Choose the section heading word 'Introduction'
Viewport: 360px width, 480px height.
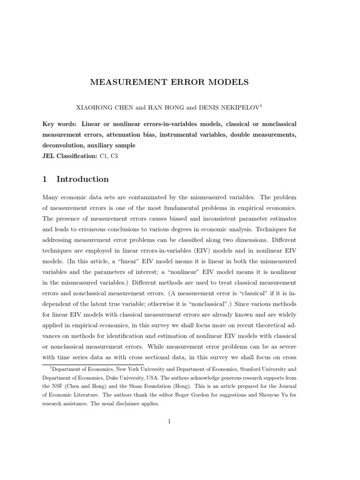point(82,179)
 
